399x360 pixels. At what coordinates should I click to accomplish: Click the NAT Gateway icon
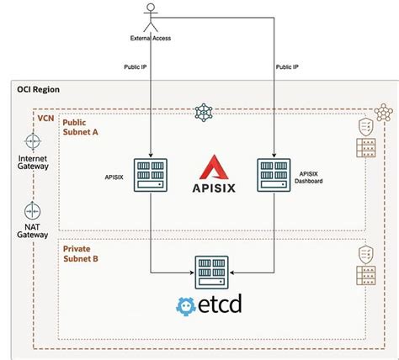pos(32,209)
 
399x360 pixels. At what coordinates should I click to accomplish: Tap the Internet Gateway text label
pos(32,161)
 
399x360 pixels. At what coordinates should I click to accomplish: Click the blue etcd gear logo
pos(189,304)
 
